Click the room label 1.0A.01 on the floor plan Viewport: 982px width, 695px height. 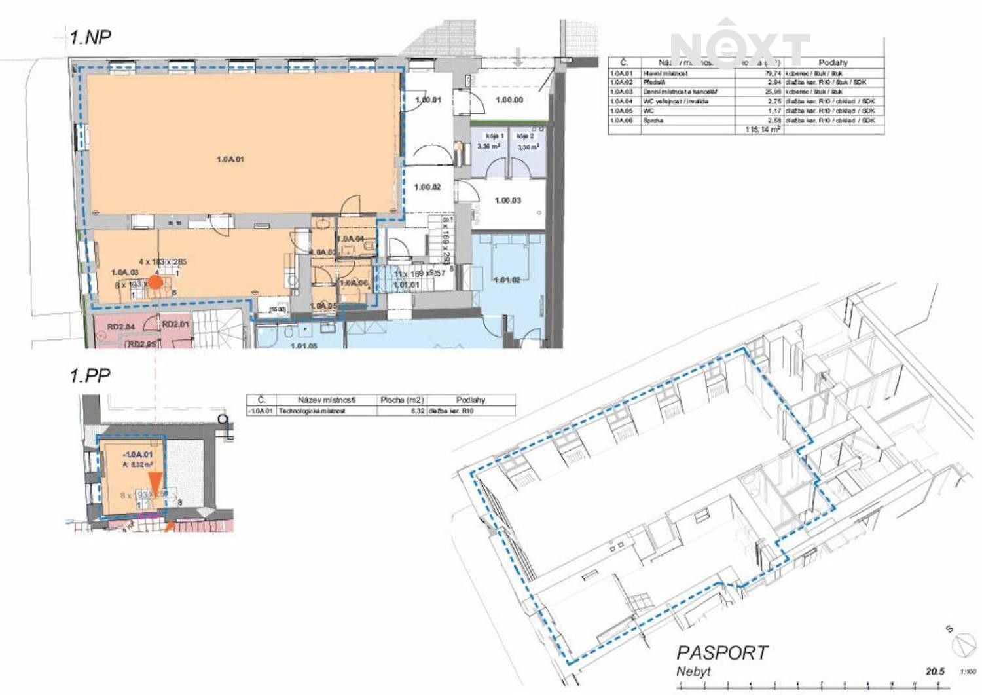pos(230,159)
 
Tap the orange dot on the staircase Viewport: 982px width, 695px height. pos(155,282)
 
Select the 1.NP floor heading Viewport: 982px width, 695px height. pos(90,37)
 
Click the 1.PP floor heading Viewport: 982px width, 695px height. pos(90,375)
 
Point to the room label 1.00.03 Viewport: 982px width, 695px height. pos(508,200)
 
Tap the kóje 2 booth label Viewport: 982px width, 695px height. pos(526,136)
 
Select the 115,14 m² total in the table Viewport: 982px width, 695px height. pos(763,130)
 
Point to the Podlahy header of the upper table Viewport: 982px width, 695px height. pos(833,62)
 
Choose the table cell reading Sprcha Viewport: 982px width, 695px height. pos(649,121)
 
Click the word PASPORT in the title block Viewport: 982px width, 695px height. pos(721,652)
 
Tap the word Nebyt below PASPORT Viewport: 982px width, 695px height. pos(693,671)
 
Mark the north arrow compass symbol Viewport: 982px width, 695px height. pos(965,644)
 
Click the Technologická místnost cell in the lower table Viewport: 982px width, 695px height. pos(312,411)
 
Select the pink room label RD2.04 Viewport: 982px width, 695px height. pos(120,326)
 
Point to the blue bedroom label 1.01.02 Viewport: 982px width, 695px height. pos(507,280)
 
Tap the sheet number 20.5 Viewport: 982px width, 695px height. pos(935,671)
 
